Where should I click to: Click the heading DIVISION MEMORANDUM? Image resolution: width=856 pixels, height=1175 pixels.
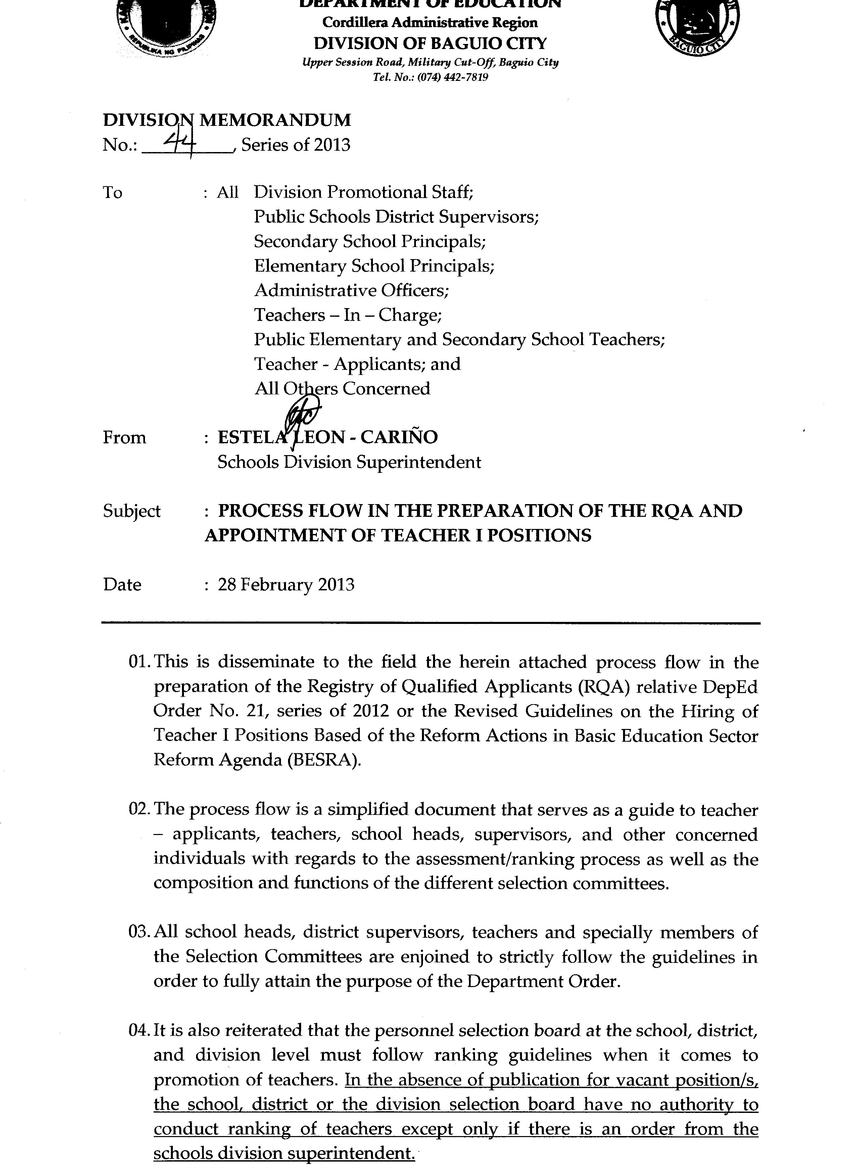[x=227, y=120]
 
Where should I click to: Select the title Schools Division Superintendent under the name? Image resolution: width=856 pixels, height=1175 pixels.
[x=349, y=462]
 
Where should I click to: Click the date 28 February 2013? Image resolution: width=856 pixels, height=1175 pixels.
[x=286, y=585]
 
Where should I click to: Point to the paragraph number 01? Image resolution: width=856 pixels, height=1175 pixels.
[x=140, y=662]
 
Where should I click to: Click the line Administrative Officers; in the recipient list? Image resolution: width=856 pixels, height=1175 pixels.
[x=351, y=290]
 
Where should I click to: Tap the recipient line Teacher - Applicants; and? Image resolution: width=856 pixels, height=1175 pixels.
[x=357, y=364]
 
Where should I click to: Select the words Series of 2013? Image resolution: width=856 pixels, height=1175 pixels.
[x=296, y=145]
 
